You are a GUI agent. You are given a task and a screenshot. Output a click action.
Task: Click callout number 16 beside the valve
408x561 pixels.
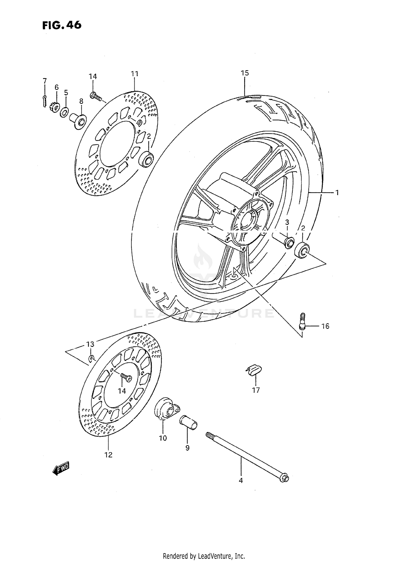[325, 326]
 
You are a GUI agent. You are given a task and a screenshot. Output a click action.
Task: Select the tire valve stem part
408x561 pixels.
[302, 322]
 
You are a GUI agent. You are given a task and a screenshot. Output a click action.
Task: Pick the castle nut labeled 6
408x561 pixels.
[55, 107]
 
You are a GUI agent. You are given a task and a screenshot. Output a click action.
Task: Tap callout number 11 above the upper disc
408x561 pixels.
[135, 74]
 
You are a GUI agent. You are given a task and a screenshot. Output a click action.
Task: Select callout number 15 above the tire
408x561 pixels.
[245, 73]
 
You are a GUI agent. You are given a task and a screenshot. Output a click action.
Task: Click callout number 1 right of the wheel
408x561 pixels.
[337, 193]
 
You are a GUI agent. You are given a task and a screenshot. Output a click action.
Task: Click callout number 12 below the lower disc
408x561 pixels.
[108, 455]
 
